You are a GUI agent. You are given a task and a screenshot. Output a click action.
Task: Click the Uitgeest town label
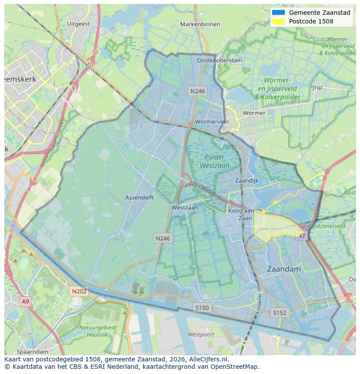[79, 24]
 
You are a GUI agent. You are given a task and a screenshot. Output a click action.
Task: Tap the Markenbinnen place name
[200, 24]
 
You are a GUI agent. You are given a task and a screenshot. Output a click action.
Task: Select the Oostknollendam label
[220, 60]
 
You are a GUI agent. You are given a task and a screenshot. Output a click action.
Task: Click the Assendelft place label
[140, 197]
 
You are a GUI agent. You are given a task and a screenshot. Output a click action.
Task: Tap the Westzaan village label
[184, 208]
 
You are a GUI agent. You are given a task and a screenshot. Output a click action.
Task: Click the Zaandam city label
[283, 269]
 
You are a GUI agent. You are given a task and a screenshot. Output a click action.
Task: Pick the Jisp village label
[317, 87]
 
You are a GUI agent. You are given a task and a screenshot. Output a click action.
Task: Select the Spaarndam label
[33, 351]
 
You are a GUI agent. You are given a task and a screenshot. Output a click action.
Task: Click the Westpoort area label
[201, 334]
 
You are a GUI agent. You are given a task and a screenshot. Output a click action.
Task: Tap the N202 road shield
[79, 291]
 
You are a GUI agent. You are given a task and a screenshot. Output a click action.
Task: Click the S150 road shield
[202, 308]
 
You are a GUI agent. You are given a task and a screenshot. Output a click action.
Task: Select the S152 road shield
[280, 312]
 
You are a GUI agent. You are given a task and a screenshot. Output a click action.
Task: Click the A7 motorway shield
[301, 236]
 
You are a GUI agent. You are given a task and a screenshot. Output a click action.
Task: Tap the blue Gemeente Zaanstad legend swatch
[278, 13]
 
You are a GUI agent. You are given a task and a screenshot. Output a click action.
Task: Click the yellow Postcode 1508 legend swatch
[278, 21]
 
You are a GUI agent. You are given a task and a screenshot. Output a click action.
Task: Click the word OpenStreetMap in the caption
[237, 367]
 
